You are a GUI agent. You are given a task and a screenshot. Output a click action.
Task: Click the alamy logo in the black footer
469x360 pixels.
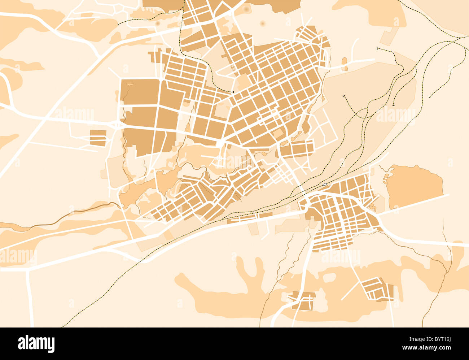coord(36,343)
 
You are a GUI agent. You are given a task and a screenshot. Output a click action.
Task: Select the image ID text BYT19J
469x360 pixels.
coord(438,339)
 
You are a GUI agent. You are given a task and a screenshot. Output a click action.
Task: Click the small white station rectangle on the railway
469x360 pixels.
coord(325,185)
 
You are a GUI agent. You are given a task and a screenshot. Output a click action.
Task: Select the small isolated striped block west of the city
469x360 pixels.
coord(98,138)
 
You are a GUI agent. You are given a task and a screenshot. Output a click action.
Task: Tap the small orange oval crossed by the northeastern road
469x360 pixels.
coord(344,64)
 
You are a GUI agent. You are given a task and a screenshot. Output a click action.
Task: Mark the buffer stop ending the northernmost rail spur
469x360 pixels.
coord(377,48)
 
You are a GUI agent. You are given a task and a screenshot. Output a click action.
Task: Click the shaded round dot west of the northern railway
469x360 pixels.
coord(158,23)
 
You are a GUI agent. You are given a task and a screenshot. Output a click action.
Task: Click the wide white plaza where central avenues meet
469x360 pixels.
coord(220,143)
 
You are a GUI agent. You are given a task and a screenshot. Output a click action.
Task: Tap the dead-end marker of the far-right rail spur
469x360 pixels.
coord(430,97)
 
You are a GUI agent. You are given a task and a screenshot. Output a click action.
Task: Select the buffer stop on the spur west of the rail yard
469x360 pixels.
coord(344,96)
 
